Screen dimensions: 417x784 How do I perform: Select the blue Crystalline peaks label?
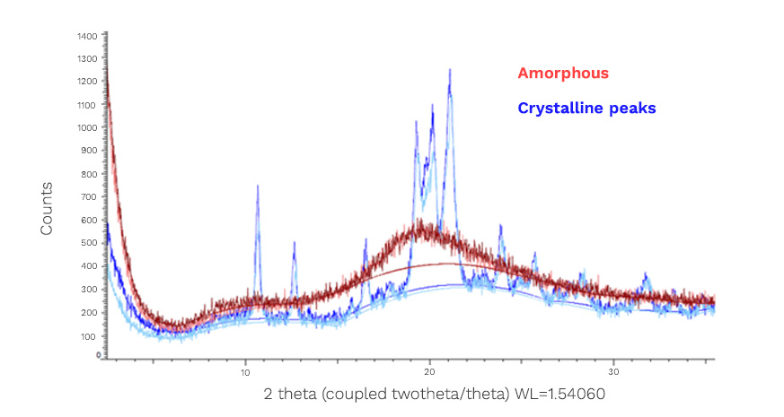point(586,108)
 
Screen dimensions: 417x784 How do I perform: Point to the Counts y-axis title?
point(46,208)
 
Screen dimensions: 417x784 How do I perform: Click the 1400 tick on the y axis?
point(87,36)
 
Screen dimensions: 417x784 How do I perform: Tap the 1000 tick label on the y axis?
point(87,128)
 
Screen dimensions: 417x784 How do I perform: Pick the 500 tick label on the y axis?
point(89,243)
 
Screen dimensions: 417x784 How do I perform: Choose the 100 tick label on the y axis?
point(89,335)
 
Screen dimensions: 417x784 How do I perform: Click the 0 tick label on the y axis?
point(96,356)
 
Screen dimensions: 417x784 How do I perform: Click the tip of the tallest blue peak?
point(450,69)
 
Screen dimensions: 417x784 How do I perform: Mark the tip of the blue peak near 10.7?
point(258,186)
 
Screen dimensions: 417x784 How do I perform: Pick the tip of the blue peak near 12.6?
point(294,242)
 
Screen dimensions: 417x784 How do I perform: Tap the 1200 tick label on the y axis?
point(87,82)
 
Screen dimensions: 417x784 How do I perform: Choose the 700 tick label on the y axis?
point(89,197)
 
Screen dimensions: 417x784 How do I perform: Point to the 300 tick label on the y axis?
point(89,290)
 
